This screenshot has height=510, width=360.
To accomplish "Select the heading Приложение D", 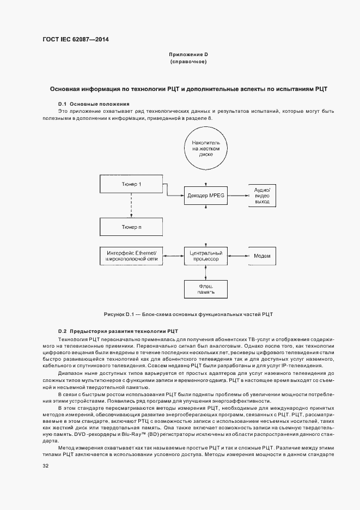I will click(x=188, y=54).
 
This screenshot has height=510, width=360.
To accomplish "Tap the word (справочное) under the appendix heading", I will click(x=188, y=62).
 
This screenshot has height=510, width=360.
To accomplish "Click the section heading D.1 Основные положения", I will click(x=94, y=104).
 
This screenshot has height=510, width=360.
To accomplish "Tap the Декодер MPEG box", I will click(x=202, y=195).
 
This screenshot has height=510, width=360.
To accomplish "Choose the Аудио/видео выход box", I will click(x=262, y=195).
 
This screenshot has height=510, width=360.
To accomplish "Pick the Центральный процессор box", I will click(x=202, y=256).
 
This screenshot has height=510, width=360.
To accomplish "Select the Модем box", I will click(x=262, y=256).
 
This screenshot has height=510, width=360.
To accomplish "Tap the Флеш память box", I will click(x=202, y=289).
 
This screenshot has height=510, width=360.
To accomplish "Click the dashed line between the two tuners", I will click(x=131, y=205).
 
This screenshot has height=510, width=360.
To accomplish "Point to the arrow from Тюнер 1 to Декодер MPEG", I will click(x=174, y=189).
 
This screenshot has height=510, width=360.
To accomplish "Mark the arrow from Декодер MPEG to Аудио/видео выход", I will click(x=235, y=195).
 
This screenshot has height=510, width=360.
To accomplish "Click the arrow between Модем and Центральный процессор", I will click(x=235, y=256).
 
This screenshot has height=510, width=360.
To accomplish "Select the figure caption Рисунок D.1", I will click(x=188, y=314).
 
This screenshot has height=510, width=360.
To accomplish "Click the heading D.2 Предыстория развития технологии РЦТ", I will click(x=118, y=331).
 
